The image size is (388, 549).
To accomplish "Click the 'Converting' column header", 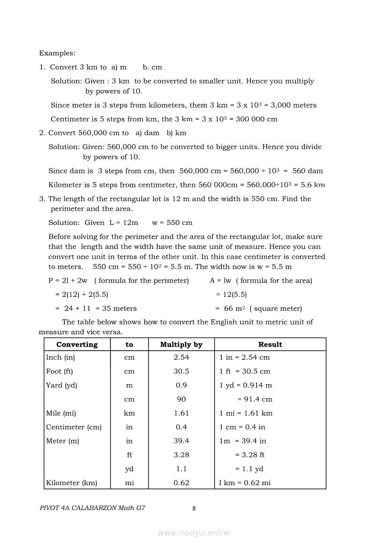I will [x=77, y=344].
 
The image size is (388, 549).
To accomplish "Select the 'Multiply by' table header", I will [x=181, y=344].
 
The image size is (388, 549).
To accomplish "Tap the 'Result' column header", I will [x=270, y=344].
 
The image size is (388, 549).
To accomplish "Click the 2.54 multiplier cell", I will [x=181, y=357].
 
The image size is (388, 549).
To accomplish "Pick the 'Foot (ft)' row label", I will [x=60, y=371].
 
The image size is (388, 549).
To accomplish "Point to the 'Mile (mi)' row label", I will [x=61, y=413].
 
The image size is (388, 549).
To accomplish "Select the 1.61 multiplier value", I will [x=181, y=413].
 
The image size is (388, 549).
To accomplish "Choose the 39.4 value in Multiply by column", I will [x=181, y=441].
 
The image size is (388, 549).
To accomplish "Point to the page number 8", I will [x=194, y=508].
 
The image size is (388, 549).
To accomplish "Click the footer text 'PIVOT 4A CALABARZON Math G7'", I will [x=92, y=508].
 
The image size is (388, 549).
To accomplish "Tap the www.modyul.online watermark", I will [x=194, y=533].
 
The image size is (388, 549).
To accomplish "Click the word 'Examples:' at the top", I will [x=57, y=54].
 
